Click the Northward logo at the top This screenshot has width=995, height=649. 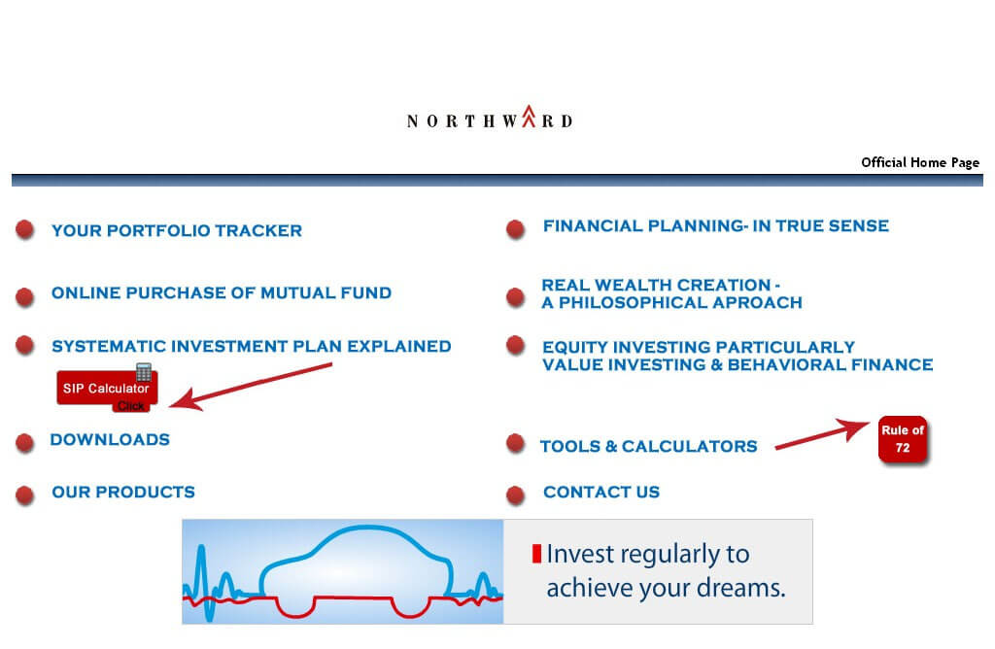tap(490, 118)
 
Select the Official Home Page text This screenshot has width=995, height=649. tap(920, 162)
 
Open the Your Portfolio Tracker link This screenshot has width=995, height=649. tap(177, 230)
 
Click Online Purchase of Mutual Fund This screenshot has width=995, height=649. tap(222, 292)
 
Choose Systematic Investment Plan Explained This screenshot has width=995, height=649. tap(252, 346)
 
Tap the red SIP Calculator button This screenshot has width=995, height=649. tap(107, 390)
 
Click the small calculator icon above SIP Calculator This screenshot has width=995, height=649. tap(144, 372)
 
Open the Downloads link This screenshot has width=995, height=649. tap(110, 439)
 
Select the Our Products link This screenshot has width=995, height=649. tap(123, 492)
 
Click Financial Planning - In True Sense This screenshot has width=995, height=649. tap(716, 225)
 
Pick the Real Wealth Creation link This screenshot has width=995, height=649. tap(671, 293)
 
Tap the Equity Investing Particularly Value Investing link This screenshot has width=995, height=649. tap(738, 356)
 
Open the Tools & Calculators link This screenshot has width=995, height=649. tap(648, 446)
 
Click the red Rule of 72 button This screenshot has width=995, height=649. tap(903, 439)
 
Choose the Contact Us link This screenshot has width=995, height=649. tap(601, 492)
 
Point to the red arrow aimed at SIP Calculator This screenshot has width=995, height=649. tap(251, 386)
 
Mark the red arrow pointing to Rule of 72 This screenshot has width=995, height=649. tap(822, 434)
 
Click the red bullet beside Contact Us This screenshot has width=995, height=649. tap(516, 495)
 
